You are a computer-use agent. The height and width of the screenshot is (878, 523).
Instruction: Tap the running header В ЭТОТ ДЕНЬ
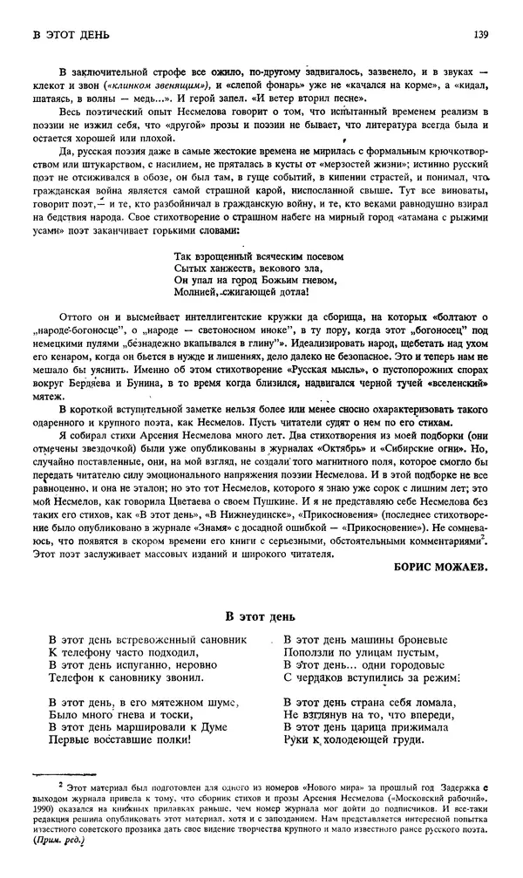(69, 35)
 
